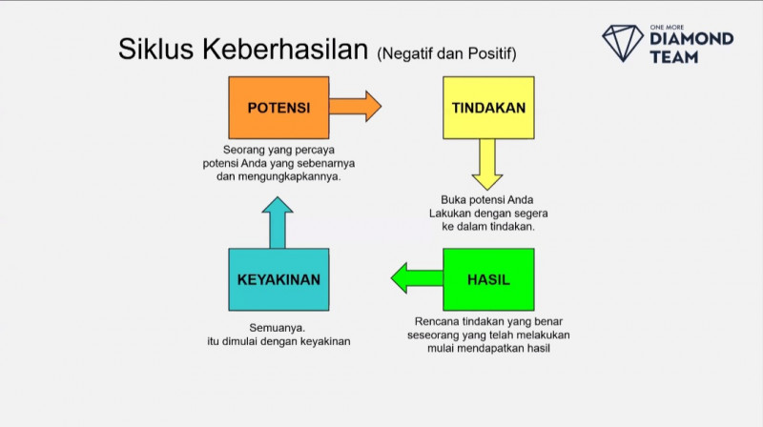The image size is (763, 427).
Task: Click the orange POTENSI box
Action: click(278, 108)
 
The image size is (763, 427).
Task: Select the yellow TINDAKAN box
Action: click(488, 108)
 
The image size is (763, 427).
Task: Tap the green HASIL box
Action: click(488, 279)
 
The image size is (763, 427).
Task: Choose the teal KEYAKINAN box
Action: click(278, 279)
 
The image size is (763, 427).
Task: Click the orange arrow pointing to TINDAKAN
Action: click(355, 106)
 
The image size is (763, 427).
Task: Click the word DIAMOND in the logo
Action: click(691, 39)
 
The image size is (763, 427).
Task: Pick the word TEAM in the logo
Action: click(673, 56)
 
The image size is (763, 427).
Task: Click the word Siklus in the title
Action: click(156, 50)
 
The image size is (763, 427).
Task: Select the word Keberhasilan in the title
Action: click(285, 50)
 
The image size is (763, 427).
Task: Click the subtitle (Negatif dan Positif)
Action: click(453, 52)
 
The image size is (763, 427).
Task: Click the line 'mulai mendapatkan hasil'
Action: click(490, 349)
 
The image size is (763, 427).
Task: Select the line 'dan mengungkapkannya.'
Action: click(278, 177)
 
